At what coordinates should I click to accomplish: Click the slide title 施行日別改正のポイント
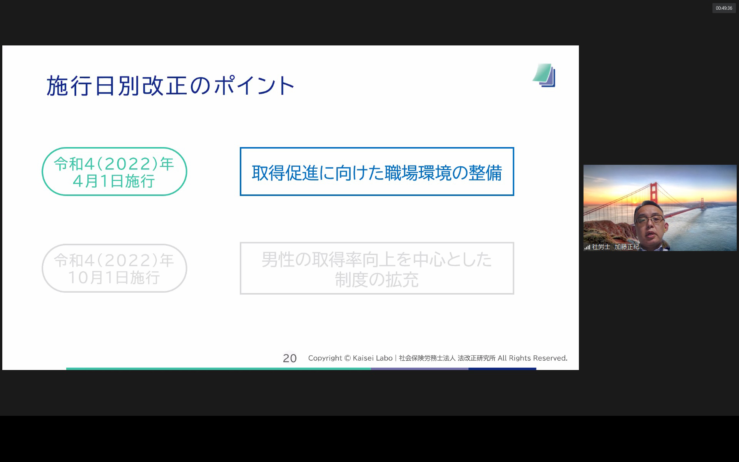(171, 85)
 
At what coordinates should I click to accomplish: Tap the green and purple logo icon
(544, 75)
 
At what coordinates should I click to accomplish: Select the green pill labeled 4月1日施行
(114, 172)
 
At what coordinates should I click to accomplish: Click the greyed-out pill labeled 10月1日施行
(114, 268)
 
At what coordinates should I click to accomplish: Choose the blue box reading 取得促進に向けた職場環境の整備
(377, 172)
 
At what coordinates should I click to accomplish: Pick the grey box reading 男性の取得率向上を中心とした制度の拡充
(377, 268)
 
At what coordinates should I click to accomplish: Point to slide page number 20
(289, 358)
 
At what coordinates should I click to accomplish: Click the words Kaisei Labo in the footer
(372, 358)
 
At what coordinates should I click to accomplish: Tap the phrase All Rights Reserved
(532, 358)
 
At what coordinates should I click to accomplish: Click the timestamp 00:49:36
(724, 8)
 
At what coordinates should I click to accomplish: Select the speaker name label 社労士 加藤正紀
(615, 247)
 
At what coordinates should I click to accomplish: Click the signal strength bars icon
(587, 247)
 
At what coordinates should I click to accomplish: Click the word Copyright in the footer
(325, 358)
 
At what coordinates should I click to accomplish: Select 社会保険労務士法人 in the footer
(427, 358)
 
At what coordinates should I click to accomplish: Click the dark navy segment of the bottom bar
(502, 369)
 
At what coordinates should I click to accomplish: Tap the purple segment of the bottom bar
(420, 369)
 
